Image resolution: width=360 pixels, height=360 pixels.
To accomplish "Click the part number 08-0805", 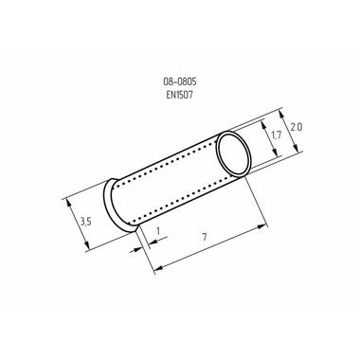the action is tap(180, 81).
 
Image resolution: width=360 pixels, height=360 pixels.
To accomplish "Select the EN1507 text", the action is tap(179, 95).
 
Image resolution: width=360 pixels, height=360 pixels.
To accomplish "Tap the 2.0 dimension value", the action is tap(297, 127).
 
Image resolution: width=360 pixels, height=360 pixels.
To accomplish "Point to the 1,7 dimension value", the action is tap(276, 135).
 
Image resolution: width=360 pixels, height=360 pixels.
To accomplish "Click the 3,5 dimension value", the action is tap(85, 222).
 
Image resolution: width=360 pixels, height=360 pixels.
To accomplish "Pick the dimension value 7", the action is tap(205, 237).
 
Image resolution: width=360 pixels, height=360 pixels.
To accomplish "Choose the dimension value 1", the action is tap(158, 231).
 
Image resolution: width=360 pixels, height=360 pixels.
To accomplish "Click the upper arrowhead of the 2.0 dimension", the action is tap(282, 114).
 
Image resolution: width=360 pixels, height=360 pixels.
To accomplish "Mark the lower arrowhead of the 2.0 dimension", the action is tap(296, 148).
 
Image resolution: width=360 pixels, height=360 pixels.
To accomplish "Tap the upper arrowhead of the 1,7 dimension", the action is tap(263, 124).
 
